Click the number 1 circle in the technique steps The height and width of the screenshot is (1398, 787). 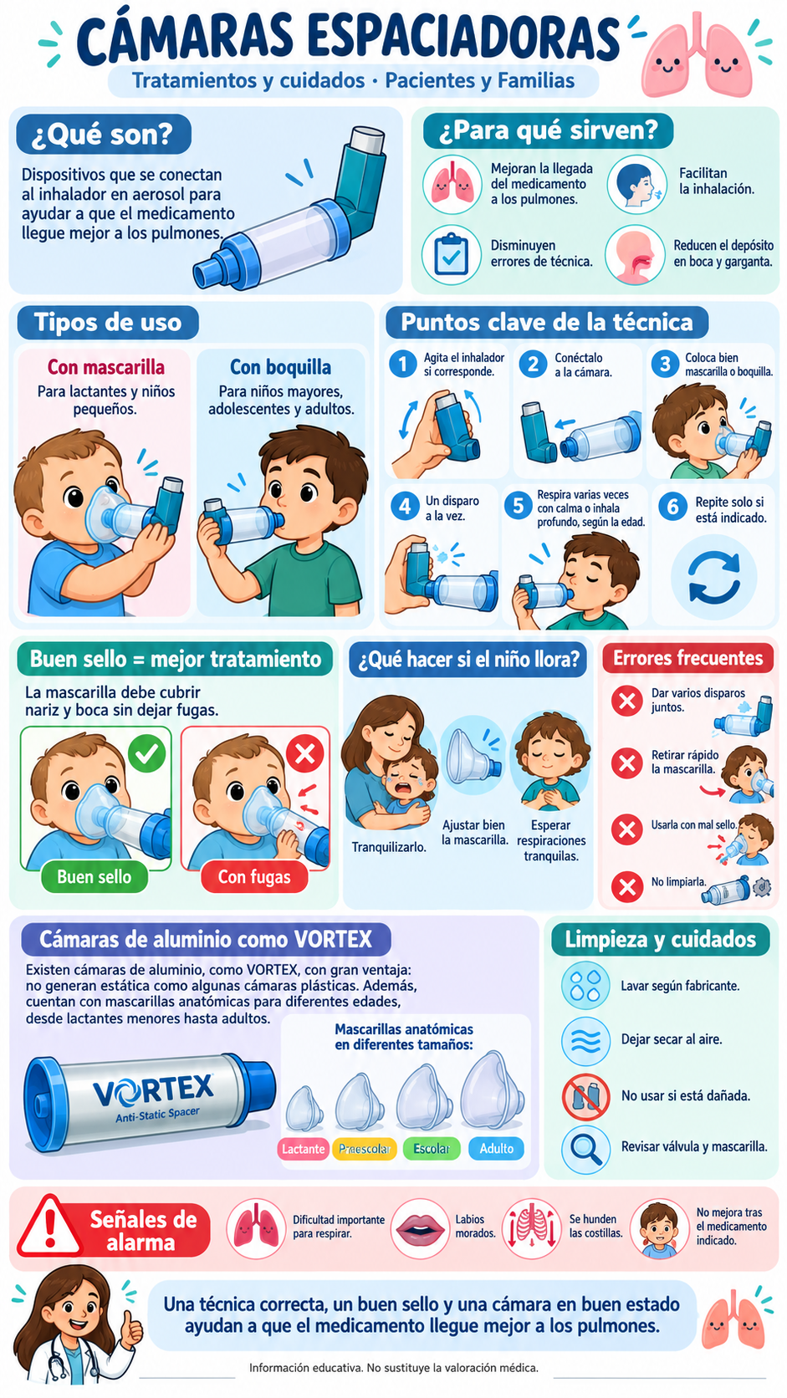pyautogui.click(x=402, y=363)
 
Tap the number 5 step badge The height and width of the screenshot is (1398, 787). pyautogui.click(x=518, y=506)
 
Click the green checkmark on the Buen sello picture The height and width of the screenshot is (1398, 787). pyautogui.click(x=146, y=753)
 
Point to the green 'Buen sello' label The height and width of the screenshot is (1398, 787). pyautogui.click(x=95, y=877)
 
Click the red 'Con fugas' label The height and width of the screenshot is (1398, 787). pyautogui.click(x=254, y=877)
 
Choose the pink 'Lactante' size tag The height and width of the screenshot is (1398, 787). pyautogui.click(x=303, y=1148)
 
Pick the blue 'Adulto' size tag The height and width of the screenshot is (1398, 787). pyautogui.click(x=496, y=1148)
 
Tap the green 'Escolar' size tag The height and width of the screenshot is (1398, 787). pyautogui.click(x=432, y=1148)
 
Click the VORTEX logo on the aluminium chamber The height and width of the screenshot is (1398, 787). pyautogui.click(x=154, y=1090)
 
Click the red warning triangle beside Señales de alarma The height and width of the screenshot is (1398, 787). pyautogui.click(x=50, y=1227)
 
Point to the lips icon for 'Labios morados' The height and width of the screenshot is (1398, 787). pyautogui.click(x=420, y=1227)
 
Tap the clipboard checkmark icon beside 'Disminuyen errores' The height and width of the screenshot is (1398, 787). pyautogui.click(x=451, y=255)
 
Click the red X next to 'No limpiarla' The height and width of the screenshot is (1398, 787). pyautogui.click(x=627, y=887)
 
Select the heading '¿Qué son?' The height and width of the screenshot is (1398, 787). pyautogui.click(x=103, y=134)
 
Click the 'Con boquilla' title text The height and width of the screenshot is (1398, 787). pyautogui.click(x=281, y=367)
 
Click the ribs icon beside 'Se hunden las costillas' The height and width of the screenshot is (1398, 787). pyautogui.click(x=532, y=1227)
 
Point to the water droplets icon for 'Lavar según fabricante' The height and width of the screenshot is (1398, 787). pyautogui.click(x=585, y=986)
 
